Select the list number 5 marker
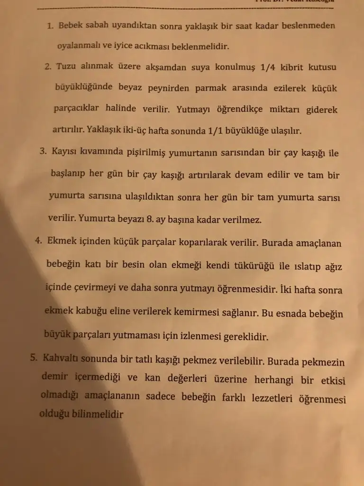34,358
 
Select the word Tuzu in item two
66,66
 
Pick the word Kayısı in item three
66,152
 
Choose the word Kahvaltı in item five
60,358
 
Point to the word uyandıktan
122,26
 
